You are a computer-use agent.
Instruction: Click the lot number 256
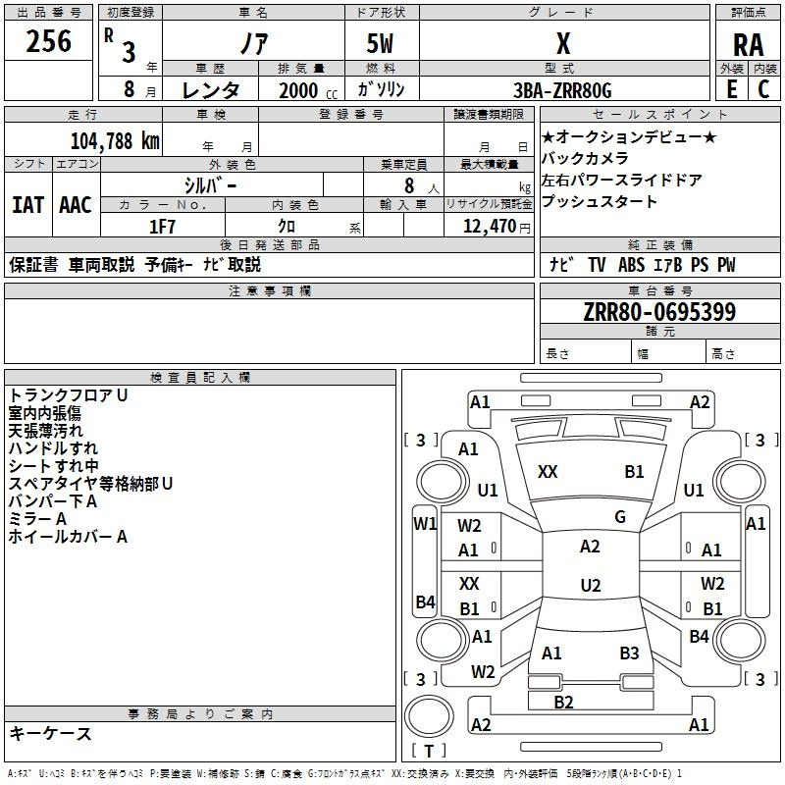point(48,42)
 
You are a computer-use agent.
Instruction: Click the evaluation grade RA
point(748,44)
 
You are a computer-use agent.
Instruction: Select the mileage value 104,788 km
point(115,140)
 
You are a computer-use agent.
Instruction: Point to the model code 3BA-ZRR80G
point(563,90)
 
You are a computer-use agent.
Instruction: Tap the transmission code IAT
point(27,205)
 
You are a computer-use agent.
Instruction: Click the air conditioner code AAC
point(76,205)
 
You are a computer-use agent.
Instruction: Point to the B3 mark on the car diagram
point(629,653)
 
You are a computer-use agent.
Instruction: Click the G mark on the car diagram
point(619,517)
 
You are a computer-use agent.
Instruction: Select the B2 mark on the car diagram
point(563,702)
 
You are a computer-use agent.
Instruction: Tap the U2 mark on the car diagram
point(590,586)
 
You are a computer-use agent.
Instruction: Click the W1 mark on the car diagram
point(424,524)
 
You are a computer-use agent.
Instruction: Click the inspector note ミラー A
point(37,519)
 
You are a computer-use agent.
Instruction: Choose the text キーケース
point(50,734)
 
